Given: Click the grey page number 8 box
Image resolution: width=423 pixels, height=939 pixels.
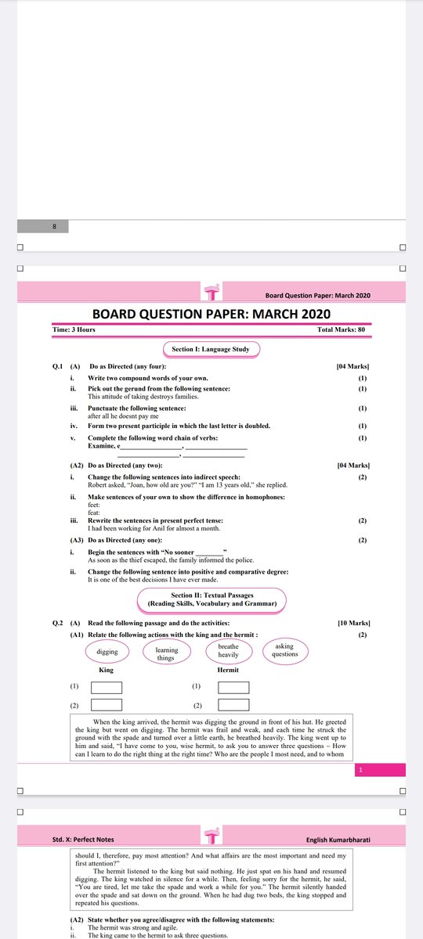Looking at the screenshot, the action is pyautogui.click(x=54, y=227).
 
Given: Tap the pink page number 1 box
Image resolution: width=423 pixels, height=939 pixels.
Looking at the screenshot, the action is pyautogui.click(x=361, y=771).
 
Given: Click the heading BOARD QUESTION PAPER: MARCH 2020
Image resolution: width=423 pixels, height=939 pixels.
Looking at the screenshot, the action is pyautogui.click(x=211, y=314).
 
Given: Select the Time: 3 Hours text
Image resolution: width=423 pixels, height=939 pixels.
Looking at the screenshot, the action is pyautogui.click(x=74, y=330).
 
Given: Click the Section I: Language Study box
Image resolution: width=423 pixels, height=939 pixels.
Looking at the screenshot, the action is pyautogui.click(x=211, y=349).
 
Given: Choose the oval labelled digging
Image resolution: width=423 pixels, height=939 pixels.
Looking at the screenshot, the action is pyautogui.click(x=107, y=651).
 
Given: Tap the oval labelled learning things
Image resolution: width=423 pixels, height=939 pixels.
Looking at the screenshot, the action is pyautogui.click(x=165, y=653).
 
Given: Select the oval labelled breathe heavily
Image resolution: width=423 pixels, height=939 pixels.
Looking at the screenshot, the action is pyautogui.click(x=228, y=650).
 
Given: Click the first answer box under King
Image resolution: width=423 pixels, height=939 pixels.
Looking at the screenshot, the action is pyautogui.click(x=107, y=688).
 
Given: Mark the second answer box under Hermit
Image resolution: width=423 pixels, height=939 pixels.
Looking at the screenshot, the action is pyautogui.click(x=233, y=706).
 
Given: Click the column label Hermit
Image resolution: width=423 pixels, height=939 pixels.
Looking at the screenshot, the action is pyautogui.click(x=228, y=671).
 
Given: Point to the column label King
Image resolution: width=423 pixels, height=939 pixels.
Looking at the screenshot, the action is pyautogui.click(x=107, y=671).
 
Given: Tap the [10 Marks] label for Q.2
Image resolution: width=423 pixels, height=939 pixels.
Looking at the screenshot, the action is pyautogui.click(x=353, y=623).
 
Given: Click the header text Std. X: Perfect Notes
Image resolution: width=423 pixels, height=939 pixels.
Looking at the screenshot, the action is pyautogui.click(x=83, y=840).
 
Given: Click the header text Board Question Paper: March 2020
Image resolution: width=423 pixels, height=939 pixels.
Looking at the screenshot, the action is pyautogui.click(x=317, y=295).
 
